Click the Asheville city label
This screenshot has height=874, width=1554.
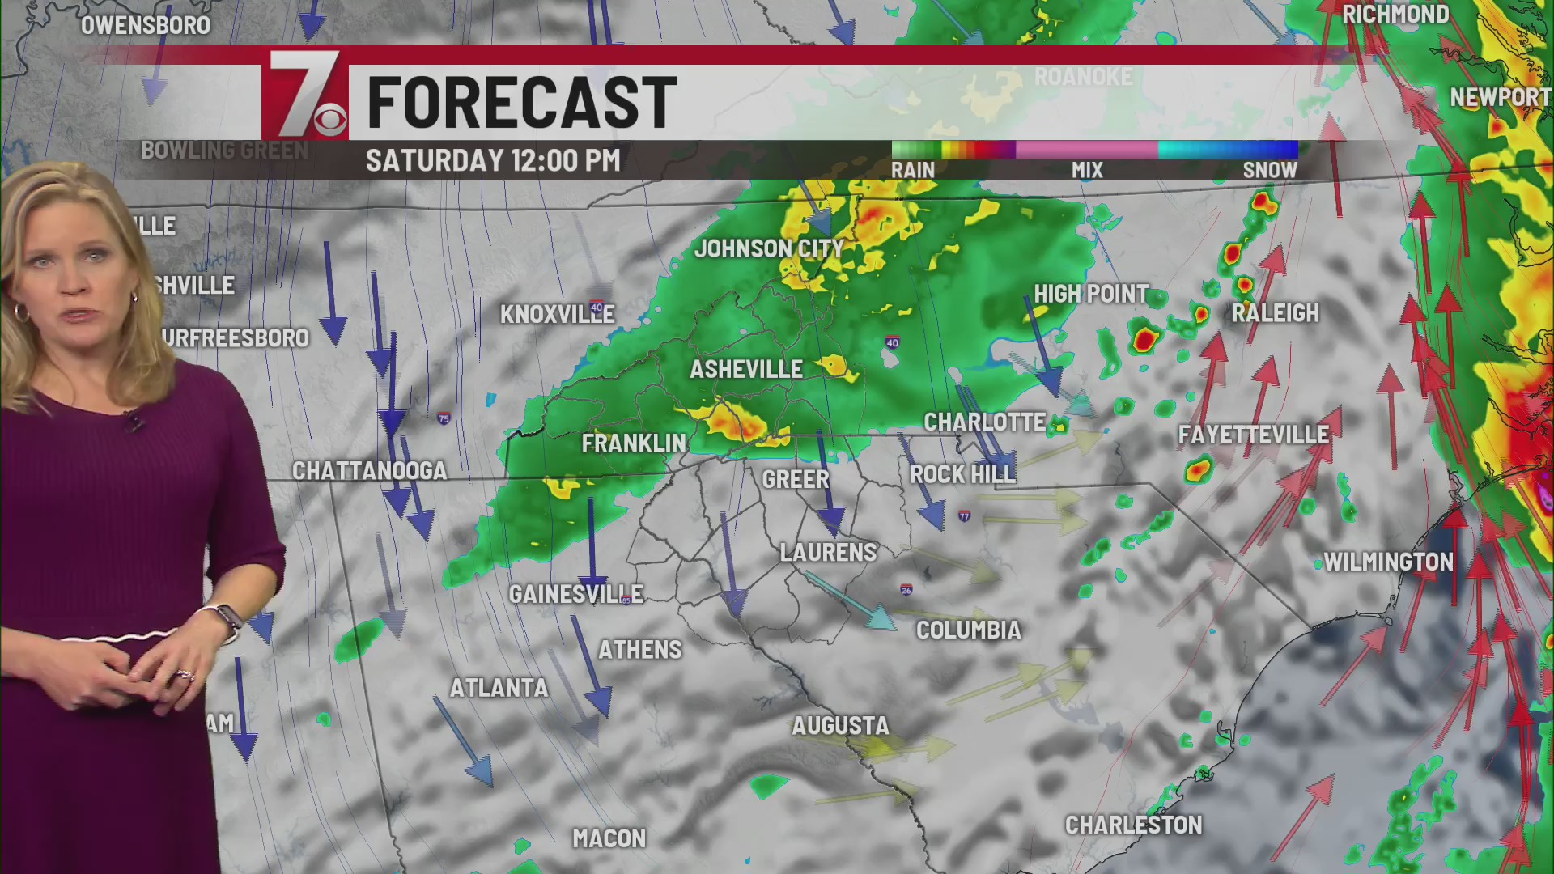(x=745, y=370)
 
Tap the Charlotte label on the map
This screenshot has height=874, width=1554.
(x=984, y=422)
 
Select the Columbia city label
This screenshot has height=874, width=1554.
(x=968, y=630)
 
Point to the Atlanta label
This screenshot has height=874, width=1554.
(x=499, y=689)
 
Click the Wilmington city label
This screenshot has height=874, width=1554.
(x=1388, y=562)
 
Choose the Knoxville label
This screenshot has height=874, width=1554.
(x=557, y=315)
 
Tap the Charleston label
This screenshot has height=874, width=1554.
(x=1133, y=825)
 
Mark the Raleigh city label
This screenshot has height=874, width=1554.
(x=1275, y=313)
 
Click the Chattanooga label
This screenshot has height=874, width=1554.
(x=369, y=471)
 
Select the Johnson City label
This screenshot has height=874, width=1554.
(x=769, y=249)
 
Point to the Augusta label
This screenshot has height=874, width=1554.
(x=840, y=726)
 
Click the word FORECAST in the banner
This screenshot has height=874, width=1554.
(x=522, y=103)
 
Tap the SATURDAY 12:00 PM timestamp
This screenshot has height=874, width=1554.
(x=493, y=160)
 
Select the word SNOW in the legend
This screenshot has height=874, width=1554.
(x=1269, y=171)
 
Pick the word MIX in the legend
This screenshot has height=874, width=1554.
(x=1087, y=171)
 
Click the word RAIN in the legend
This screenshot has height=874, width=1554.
(x=913, y=171)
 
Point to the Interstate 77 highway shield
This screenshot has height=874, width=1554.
(x=964, y=516)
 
